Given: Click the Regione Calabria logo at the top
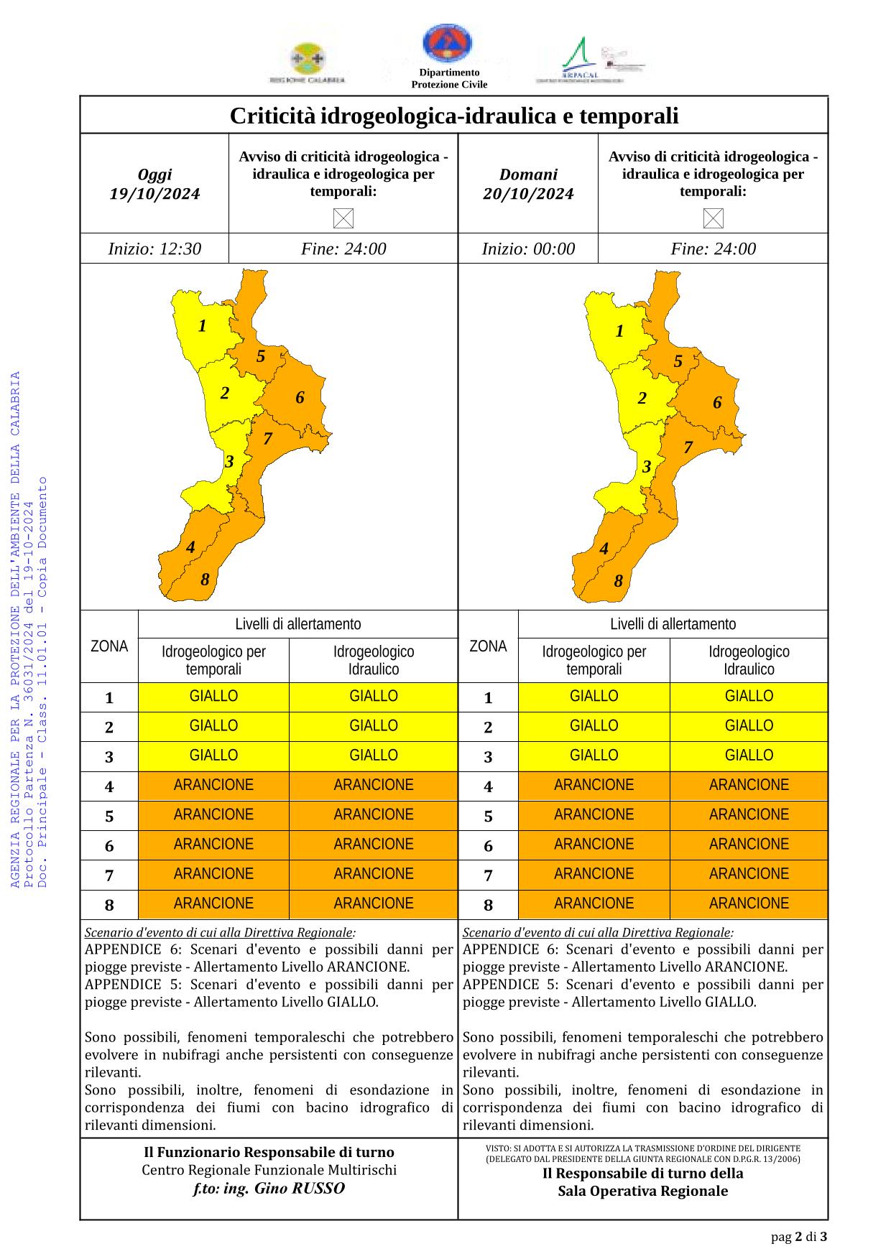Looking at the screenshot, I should coord(307,62).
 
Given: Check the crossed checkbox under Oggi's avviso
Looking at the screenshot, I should coord(343,218).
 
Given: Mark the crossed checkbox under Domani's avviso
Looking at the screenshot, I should coord(713,218).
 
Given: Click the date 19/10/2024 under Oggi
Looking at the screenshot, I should coord(154,194).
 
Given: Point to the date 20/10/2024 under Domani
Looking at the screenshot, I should coord(528,194).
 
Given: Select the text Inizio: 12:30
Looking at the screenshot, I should coord(154,249).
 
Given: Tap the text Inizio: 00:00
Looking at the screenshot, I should coord(528,249).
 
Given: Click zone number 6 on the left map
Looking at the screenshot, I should coord(300,397).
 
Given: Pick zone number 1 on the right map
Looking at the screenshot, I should coord(619,331).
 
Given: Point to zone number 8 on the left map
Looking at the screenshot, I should coord(205,580).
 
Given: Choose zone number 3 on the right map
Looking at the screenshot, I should coord(647,467).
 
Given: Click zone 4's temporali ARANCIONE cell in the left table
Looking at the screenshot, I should coord(213,786).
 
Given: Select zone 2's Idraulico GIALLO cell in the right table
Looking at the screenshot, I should coord(749,726).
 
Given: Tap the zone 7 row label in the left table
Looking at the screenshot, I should coord(109,875).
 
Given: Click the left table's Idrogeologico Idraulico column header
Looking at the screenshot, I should coord(374,661).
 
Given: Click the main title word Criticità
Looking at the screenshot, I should coord(273,116).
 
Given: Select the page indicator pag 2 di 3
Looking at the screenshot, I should coord(799,1237).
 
